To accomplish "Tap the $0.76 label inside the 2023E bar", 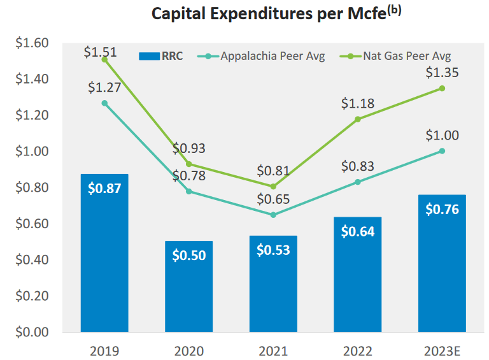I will [441, 209].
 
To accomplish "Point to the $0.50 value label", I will [189, 255].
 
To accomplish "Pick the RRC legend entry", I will [160, 56].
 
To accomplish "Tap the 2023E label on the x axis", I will [441, 350].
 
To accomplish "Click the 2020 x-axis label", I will [189, 350].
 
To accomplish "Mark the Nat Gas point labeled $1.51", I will [104, 59].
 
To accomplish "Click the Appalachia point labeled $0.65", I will [273, 215].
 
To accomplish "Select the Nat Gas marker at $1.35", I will [442, 89].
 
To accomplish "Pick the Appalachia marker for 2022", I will [358, 182].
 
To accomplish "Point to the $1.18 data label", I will [358, 103].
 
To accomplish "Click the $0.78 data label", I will [189, 175].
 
